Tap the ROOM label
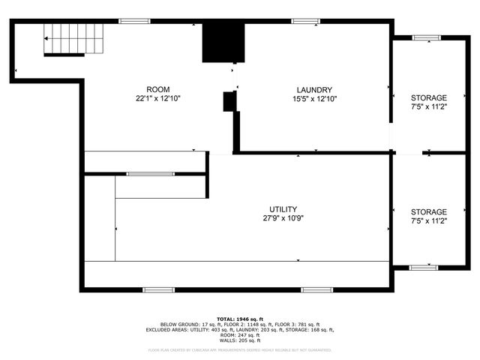158,88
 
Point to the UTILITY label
283,208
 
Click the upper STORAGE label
428,98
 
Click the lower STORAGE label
428,212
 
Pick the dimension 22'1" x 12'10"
158,98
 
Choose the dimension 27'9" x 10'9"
283,218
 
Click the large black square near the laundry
223,42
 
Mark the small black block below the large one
229,101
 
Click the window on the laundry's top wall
306,21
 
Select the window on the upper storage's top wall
425,37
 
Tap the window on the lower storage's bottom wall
424,266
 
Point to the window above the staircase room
134,21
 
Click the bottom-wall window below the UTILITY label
316,289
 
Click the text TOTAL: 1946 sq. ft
239,319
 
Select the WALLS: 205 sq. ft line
239,340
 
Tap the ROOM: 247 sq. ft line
239,334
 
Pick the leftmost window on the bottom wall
158,289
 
